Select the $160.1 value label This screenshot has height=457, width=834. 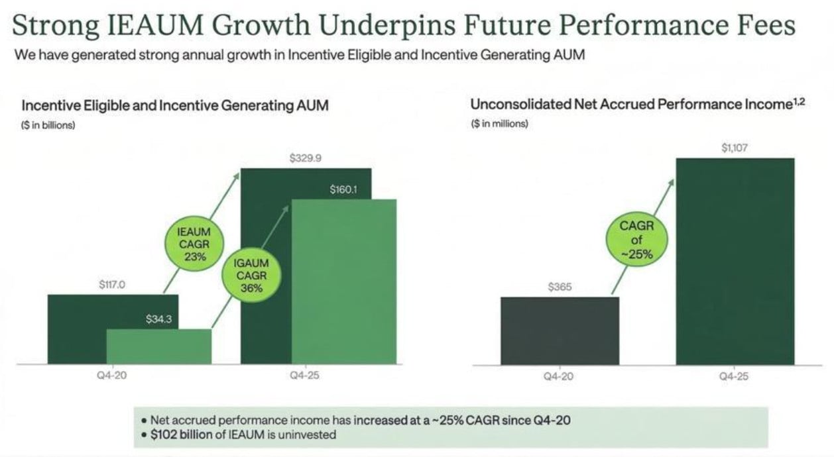[x=343, y=190]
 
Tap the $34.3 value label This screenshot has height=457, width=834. [x=159, y=319]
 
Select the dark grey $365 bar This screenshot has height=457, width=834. [x=560, y=330]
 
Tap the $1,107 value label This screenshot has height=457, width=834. [x=735, y=148]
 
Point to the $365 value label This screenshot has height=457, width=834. [x=560, y=287]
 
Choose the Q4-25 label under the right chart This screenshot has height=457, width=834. [x=735, y=376]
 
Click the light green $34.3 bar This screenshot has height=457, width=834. [x=159, y=346]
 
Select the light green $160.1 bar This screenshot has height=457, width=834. [x=343, y=281]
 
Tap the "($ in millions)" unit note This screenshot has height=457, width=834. [x=499, y=124]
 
